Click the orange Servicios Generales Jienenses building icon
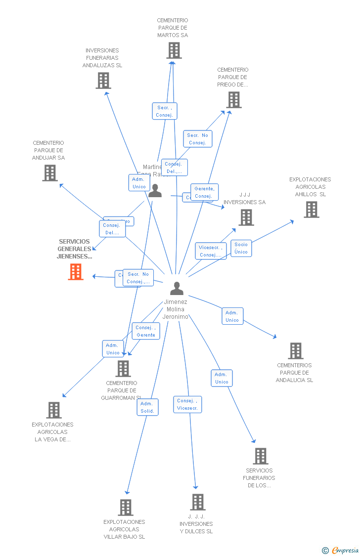click(x=76, y=272)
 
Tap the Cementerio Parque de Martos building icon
click(x=174, y=50)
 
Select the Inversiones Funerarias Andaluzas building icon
click(x=103, y=81)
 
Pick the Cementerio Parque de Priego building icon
click(x=234, y=100)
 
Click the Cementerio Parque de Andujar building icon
click(x=50, y=173)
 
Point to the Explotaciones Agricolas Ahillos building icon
click(x=312, y=210)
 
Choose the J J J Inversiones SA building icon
click(x=246, y=217)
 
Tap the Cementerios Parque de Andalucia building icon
click(x=296, y=351)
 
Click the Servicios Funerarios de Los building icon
click(x=261, y=456)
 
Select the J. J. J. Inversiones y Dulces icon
click(x=198, y=502)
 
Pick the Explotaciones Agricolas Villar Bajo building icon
click(x=126, y=508)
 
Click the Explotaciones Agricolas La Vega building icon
click(x=54, y=410)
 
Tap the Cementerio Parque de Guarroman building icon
click(x=123, y=369)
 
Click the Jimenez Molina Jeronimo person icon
click(x=177, y=288)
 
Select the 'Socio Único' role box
click(x=241, y=248)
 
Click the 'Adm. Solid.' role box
click(x=147, y=407)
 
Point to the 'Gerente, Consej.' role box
click(x=204, y=192)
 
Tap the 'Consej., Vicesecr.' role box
click(x=187, y=404)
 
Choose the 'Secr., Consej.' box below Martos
click(x=164, y=111)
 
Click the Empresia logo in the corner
click(x=341, y=550)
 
